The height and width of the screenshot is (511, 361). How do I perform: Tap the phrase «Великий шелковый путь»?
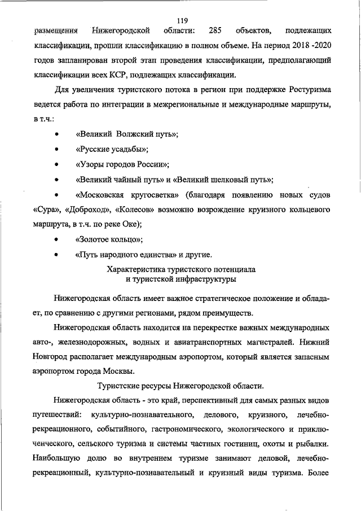click(x=223, y=180)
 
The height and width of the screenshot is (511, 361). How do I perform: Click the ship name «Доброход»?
click(x=87, y=210)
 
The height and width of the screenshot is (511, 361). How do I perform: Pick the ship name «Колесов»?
click(x=135, y=210)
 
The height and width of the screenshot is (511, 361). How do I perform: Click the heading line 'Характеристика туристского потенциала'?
click(x=181, y=269)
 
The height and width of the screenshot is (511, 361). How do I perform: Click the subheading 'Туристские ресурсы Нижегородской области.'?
click(x=180, y=386)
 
